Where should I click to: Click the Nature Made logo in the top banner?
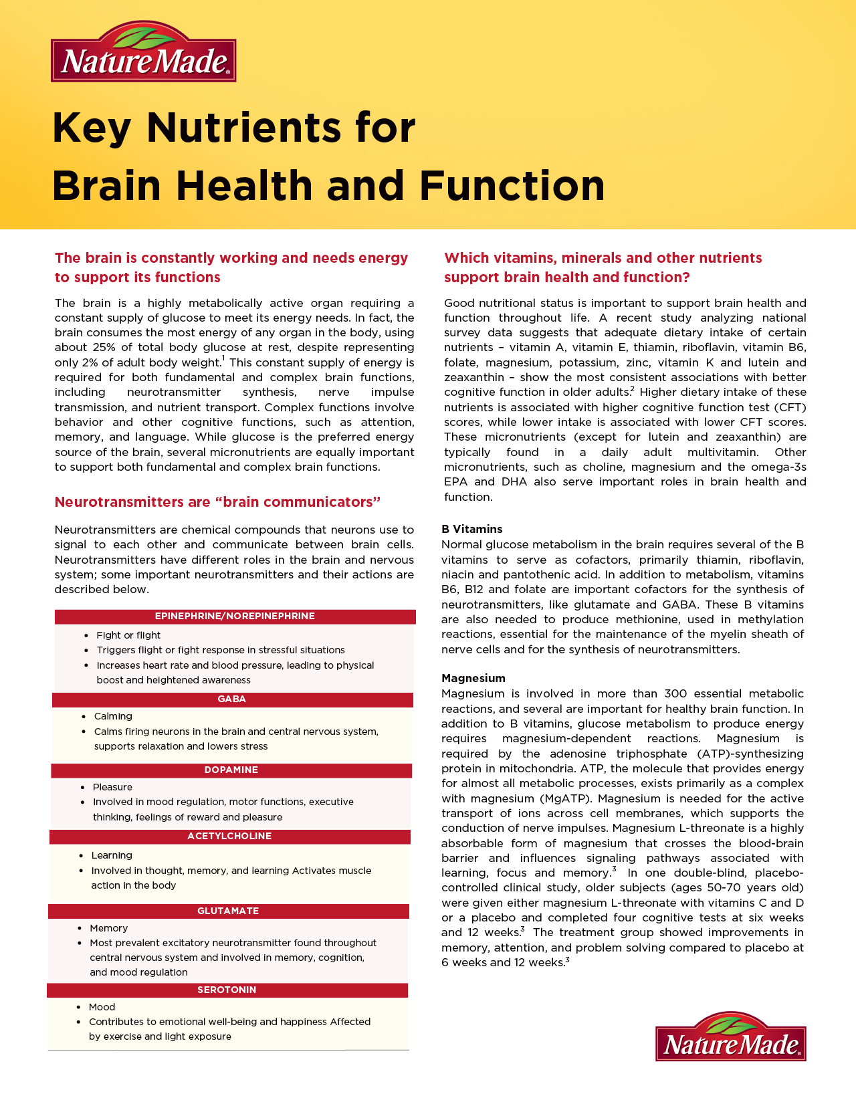[143, 53]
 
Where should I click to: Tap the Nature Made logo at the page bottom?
[731, 1037]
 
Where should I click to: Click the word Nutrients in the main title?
[281, 127]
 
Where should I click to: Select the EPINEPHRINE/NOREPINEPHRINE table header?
[235, 617]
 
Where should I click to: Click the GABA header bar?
[232, 699]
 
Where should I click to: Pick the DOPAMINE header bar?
[231, 770]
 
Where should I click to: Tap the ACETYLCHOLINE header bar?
[229, 837]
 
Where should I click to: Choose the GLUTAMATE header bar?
[228, 911]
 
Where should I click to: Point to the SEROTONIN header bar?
[227, 990]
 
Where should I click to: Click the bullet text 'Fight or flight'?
[128, 635]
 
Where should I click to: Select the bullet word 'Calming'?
[113, 716]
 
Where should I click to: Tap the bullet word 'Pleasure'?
[112, 787]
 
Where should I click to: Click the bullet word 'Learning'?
[112, 855]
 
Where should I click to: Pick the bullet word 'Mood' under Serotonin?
[102, 1007]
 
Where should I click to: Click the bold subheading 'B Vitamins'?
[471, 529]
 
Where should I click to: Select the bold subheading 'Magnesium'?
[473, 678]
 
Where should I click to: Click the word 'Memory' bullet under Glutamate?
[108, 928]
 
